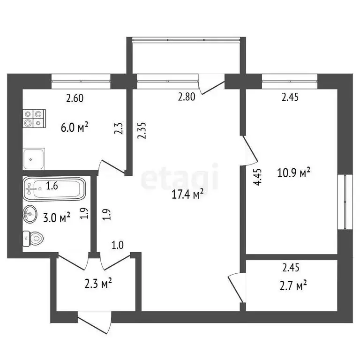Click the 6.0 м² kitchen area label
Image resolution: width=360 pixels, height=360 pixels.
pos(75,127)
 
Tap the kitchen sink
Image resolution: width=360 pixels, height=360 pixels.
pos(33,159)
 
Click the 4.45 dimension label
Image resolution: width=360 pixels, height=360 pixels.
pos(257,178)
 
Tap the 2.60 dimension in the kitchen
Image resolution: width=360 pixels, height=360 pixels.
pos(75,98)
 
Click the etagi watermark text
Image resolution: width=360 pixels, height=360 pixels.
pos(180,177)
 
